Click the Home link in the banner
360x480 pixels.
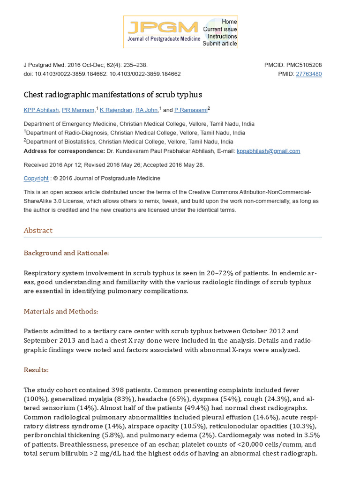point(229,22)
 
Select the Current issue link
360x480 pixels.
point(220,29)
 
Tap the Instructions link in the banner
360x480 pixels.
point(222,37)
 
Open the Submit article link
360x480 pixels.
point(220,44)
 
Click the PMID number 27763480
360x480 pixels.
point(308,74)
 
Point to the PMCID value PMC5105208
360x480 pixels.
point(304,65)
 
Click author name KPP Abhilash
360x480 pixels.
point(41,110)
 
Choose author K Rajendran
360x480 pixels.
point(116,110)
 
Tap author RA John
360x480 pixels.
point(147,110)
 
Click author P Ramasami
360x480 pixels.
point(191,110)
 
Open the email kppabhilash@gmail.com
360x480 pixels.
point(269,151)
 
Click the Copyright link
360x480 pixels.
point(36,179)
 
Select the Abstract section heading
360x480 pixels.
point(38,231)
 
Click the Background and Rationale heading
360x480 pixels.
point(66,253)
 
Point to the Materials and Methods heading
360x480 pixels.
point(61,311)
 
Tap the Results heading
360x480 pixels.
point(36,370)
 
